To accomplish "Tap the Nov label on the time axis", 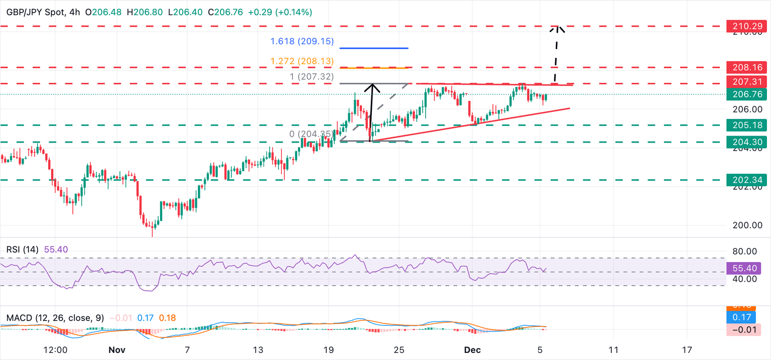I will pyautogui.click(x=115, y=349).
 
